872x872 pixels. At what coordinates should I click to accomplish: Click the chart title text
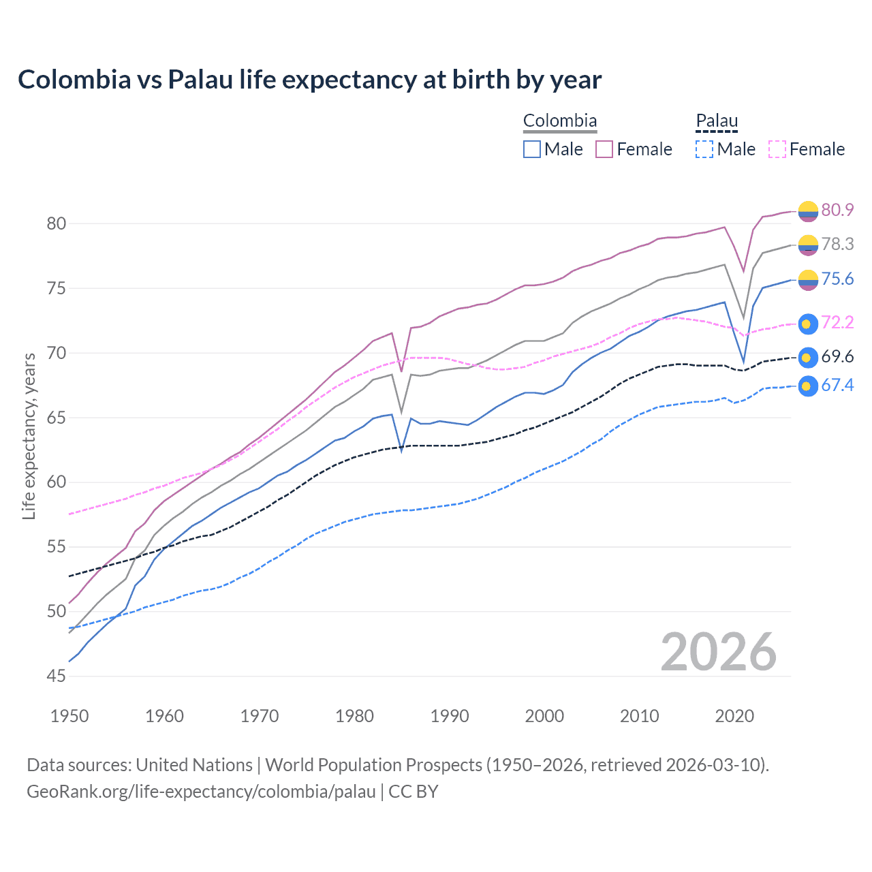[309, 80]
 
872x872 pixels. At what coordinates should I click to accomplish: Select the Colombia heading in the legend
[559, 121]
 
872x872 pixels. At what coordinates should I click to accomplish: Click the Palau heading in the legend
[717, 121]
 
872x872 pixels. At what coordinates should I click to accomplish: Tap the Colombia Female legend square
[604, 149]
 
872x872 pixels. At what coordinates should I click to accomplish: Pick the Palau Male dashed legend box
[704, 149]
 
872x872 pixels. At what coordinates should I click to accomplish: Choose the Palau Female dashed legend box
[777, 149]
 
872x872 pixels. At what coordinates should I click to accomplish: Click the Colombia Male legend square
[532, 149]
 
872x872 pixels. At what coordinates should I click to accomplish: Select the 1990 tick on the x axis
[450, 716]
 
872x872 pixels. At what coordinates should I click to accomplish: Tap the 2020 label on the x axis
[734, 716]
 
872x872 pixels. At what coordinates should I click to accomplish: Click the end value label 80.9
[837, 210]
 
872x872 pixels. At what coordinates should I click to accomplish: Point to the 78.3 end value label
[837, 244]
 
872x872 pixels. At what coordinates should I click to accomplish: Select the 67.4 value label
[837, 386]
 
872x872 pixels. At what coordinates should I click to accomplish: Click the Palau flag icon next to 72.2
[807, 324]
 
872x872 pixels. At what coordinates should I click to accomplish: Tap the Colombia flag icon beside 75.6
[807, 279]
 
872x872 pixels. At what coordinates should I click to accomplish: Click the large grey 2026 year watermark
[719, 652]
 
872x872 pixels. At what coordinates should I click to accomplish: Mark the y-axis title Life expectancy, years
[29, 436]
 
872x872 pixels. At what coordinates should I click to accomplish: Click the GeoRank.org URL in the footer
[201, 792]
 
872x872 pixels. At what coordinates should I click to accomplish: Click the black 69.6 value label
[837, 357]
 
